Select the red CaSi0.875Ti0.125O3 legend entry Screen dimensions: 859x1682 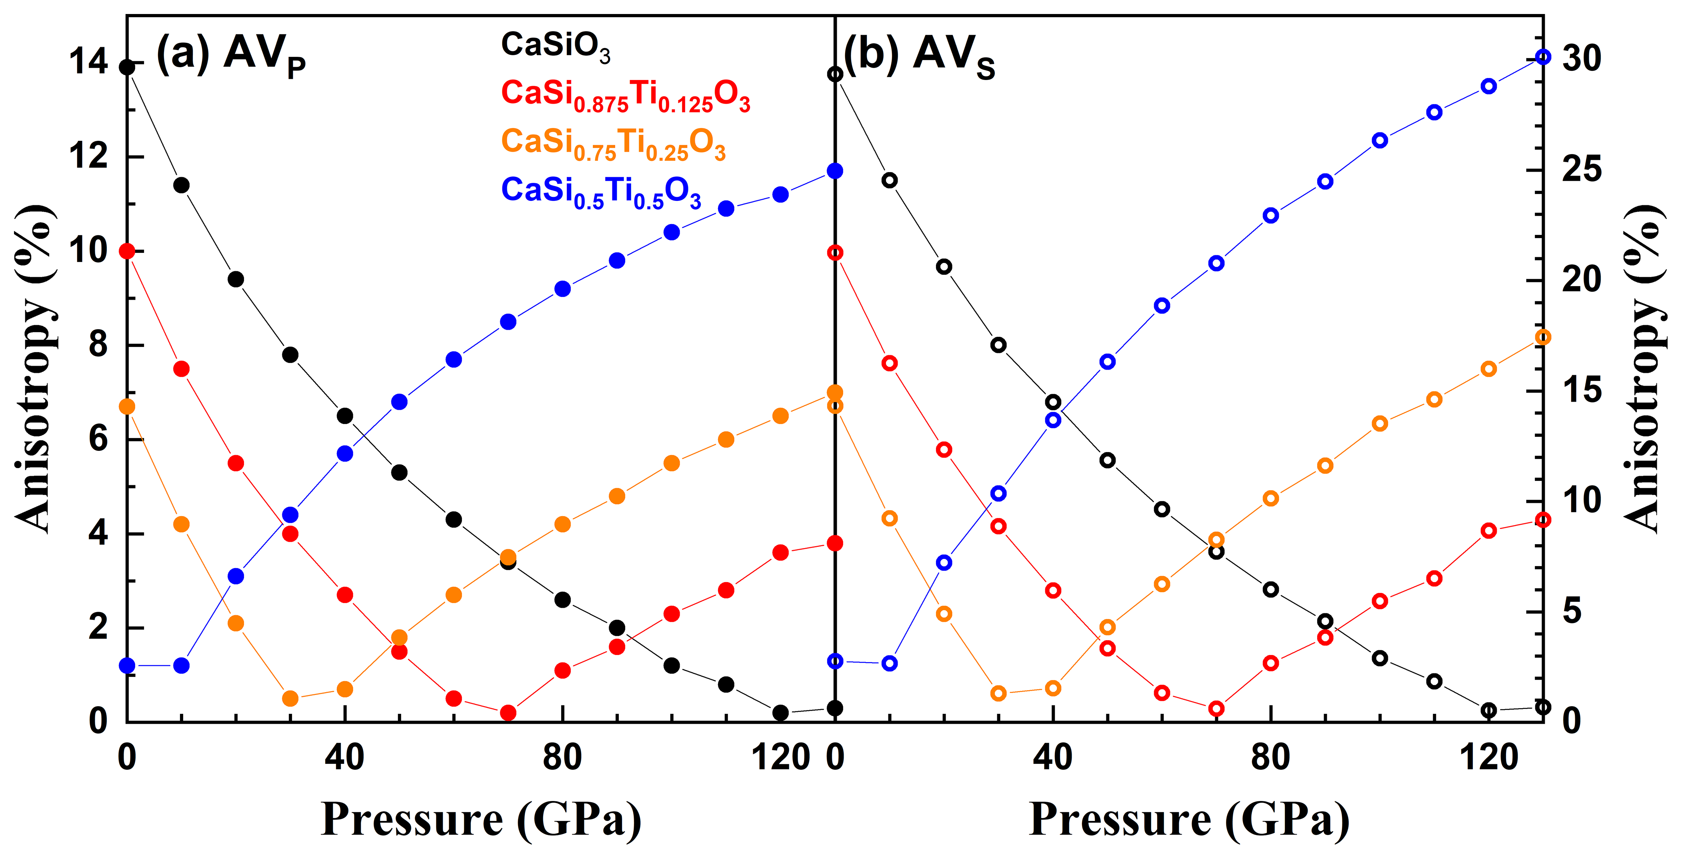[x=626, y=95]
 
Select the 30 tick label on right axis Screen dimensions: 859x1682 [x=1582, y=59]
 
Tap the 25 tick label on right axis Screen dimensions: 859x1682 [x=1582, y=170]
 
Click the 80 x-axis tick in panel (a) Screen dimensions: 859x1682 [x=562, y=758]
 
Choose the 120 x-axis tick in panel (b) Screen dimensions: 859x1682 [x=1489, y=758]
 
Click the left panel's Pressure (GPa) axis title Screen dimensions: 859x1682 [x=481, y=819]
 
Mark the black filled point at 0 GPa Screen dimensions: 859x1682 [x=127, y=67]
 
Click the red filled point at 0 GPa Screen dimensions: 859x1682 [x=127, y=252]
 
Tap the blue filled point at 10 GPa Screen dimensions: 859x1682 [x=182, y=666]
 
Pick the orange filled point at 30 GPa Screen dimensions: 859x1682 [x=290, y=698]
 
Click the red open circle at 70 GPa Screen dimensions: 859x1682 [x=1216, y=709]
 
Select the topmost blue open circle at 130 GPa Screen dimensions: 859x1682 [x=1543, y=58]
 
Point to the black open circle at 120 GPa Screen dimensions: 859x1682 [x=1489, y=710]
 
